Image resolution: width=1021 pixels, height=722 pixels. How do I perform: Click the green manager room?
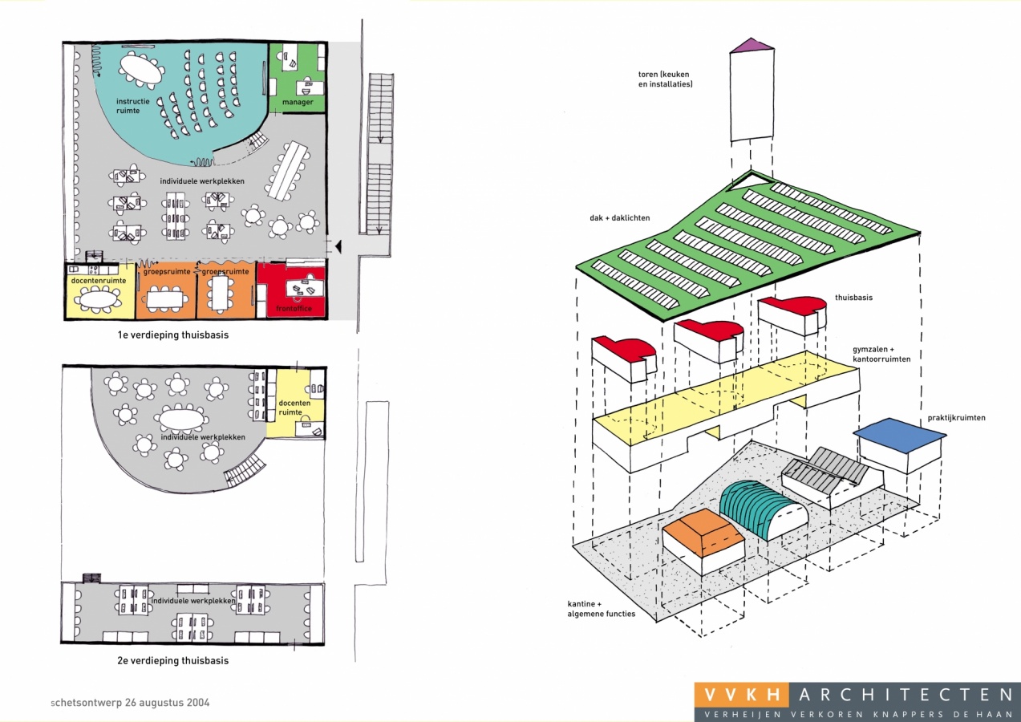[298, 78]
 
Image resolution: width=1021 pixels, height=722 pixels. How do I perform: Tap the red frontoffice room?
[292, 289]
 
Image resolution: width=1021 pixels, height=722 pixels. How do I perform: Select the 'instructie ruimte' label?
[132, 106]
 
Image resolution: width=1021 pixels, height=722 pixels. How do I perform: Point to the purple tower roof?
[752, 44]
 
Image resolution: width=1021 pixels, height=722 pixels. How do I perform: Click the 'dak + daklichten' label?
[619, 218]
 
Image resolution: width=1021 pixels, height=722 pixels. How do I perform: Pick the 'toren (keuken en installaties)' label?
[665, 79]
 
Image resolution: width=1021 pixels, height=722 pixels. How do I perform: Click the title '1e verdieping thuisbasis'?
[173, 335]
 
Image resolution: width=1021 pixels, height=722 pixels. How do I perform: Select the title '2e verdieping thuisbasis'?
[173, 660]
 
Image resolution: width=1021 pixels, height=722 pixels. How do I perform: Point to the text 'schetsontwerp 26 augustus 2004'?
[131, 703]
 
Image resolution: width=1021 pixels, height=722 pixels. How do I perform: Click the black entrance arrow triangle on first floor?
[338, 246]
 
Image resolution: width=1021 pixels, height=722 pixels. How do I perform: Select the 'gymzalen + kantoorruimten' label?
[881, 354]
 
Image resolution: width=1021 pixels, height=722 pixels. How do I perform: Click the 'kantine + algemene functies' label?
[602, 609]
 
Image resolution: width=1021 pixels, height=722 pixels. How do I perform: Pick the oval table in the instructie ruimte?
[142, 69]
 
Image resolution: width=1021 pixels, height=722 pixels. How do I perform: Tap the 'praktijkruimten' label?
[956, 418]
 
